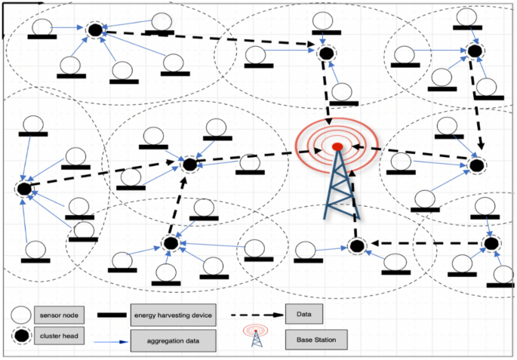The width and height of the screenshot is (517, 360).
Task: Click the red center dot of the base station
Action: coord(337,146)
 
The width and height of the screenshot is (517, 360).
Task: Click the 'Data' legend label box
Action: coord(305,312)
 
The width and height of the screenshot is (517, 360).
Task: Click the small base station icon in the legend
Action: coord(255,337)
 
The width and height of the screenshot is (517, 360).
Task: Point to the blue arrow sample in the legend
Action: coord(110,341)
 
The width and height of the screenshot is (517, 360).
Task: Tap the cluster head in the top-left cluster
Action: coord(95,30)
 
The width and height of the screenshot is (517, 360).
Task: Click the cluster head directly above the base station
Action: coord(325,54)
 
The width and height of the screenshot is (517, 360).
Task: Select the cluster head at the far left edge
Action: coord(23,188)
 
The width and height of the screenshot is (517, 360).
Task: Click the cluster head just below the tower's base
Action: coord(356,245)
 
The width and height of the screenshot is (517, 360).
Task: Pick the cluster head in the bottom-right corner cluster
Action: coord(491,243)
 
